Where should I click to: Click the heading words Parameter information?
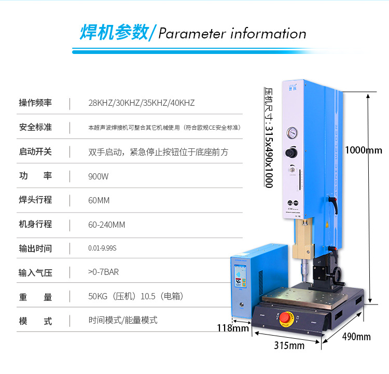click(232, 34)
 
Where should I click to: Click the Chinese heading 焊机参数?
click(114, 32)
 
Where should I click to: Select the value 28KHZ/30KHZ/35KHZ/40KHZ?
click(142, 103)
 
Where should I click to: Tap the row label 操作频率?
click(35, 103)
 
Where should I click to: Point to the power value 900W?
click(99, 176)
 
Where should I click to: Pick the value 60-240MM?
click(107, 225)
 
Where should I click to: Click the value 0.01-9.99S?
click(103, 248)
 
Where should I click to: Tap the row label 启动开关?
click(35, 152)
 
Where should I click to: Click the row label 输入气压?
click(35, 272)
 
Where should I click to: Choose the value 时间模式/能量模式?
click(123, 320)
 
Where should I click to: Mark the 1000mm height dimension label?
click(363, 150)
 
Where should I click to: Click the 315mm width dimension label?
click(289, 345)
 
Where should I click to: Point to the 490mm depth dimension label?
click(356, 337)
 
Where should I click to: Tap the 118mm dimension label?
click(232, 327)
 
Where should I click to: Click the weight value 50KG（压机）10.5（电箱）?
click(136, 297)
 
